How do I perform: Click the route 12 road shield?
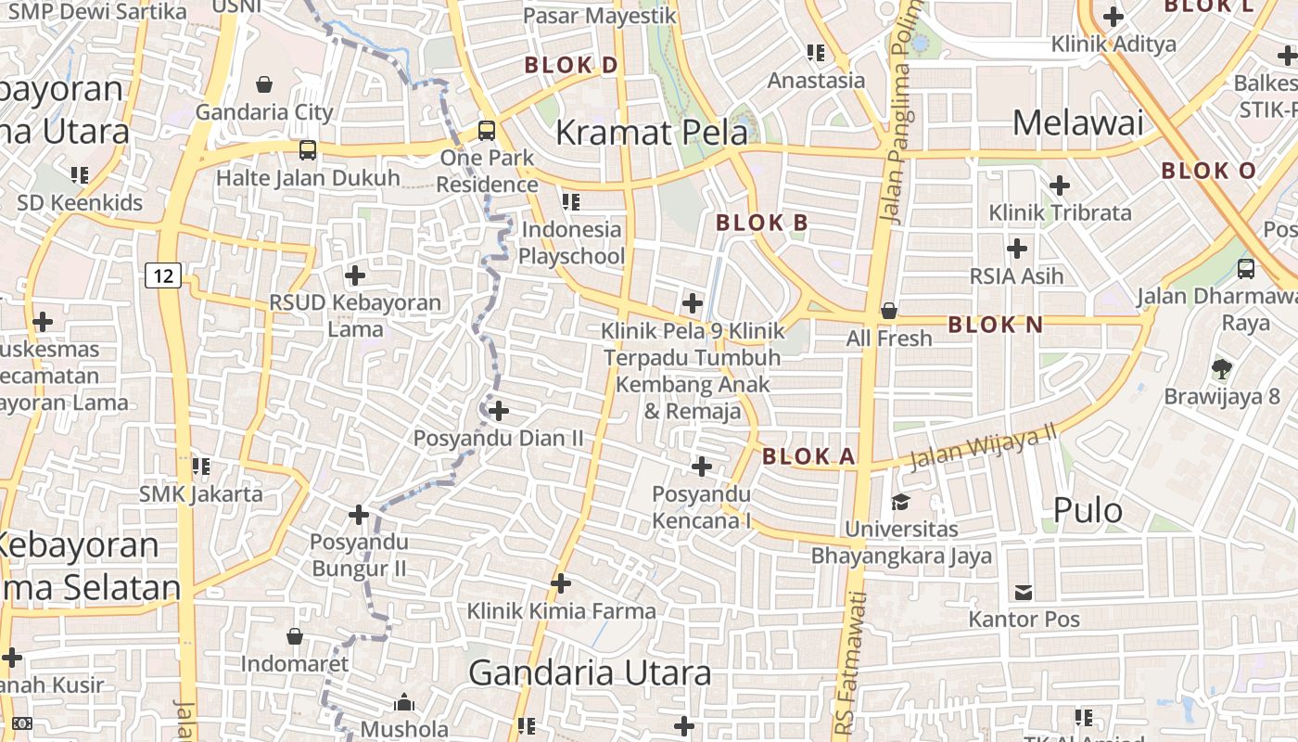coord(162,275)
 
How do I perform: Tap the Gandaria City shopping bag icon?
coord(264,84)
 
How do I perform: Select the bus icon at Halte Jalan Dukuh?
coord(308,149)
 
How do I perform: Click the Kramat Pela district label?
coord(651,133)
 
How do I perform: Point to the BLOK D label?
coord(571,65)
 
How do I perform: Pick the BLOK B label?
coord(762,223)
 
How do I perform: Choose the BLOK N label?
coord(996,325)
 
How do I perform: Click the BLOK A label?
coord(808,456)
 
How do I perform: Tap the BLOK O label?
coord(1208,171)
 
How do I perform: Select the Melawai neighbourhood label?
coord(1077,123)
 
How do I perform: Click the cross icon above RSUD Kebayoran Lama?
coord(354,275)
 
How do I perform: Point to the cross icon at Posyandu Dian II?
coord(499,410)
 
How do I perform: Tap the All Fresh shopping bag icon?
coord(888,311)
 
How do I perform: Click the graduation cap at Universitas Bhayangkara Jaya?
coord(900,502)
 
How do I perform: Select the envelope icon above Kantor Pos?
coord(1024,592)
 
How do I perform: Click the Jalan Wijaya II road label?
coord(983,447)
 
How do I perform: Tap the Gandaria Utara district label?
coord(590,672)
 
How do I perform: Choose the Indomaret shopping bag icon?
coord(294,636)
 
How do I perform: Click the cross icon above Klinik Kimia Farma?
coord(560,583)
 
